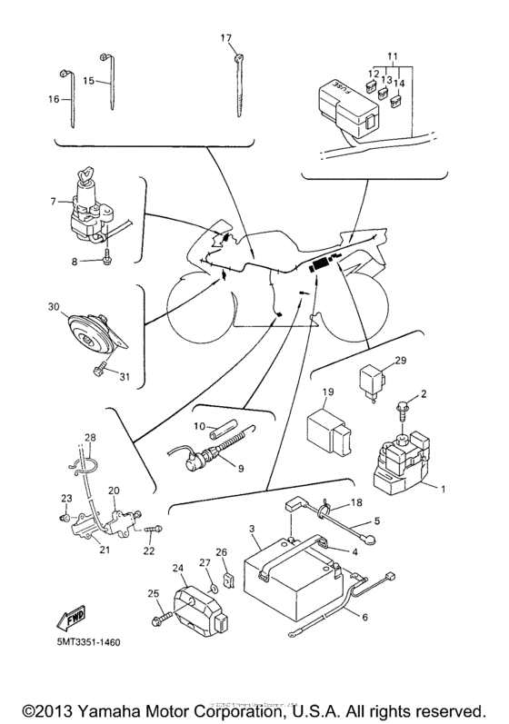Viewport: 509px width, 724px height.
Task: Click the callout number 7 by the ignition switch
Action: coord(53,200)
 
